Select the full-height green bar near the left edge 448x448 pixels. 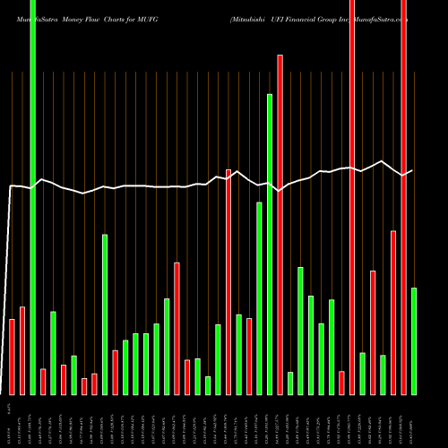coord(33,197)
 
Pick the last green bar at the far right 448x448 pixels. coord(414,340)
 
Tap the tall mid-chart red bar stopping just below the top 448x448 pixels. coord(280,224)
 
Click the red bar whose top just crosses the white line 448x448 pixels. coord(228,281)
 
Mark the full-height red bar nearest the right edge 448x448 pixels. coord(403,197)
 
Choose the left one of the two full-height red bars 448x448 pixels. coord(351,197)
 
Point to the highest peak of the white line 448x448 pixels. coord(383,161)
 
